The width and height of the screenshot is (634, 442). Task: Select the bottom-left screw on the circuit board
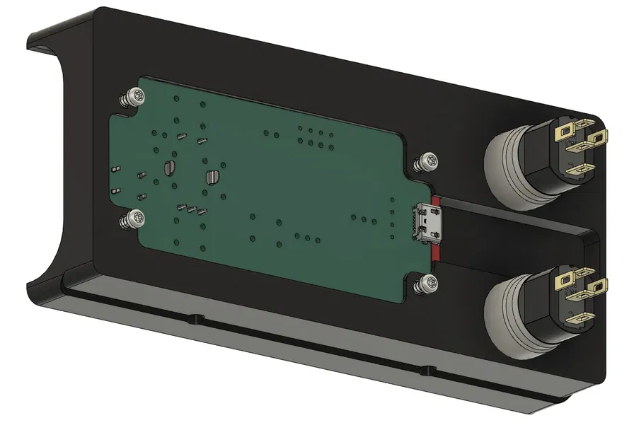(133, 219)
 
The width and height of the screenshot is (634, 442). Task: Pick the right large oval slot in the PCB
(212, 176)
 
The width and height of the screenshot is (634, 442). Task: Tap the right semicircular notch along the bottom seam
(425, 369)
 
